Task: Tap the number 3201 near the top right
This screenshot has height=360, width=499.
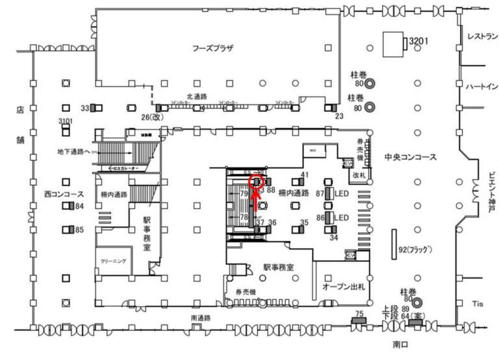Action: click(417, 42)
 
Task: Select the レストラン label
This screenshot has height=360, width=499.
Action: click(481, 37)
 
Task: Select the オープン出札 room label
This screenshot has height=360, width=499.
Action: click(342, 287)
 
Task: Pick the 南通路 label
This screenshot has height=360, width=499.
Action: click(201, 318)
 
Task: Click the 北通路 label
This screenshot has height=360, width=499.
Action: click(196, 96)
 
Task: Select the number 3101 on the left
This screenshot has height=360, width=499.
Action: click(66, 122)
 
